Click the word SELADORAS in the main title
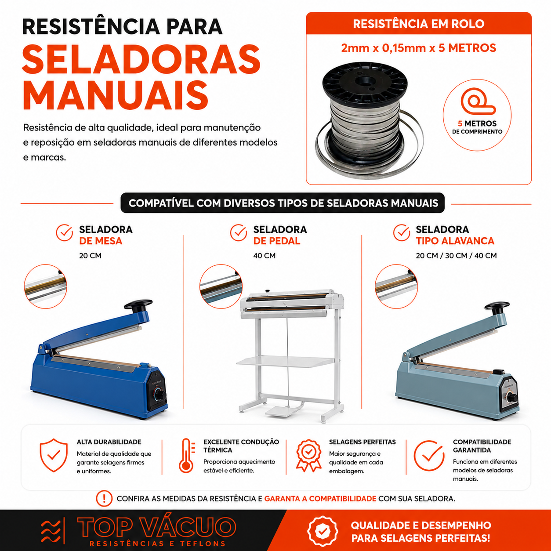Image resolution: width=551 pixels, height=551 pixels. pos(141,59)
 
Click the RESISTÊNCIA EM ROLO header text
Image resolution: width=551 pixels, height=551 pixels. pos(419,24)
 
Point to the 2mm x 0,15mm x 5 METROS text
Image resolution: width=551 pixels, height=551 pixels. pos(419,48)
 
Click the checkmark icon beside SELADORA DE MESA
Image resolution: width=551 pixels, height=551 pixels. pos(64,233)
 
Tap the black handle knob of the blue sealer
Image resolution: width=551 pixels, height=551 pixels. pos(138,305)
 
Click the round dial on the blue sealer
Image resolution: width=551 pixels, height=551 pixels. pos(159,396)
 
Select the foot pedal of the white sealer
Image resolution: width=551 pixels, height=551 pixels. pos(281,411)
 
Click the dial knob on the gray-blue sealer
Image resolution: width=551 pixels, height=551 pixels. pos(511,397)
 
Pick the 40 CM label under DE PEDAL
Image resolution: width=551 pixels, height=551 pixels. pos(264,256)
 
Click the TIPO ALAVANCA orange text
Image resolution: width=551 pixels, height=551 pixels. pos(455,241)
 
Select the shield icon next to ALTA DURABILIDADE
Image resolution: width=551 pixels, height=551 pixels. pos(54,455)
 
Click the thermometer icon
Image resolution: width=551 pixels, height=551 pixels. pos(187,456)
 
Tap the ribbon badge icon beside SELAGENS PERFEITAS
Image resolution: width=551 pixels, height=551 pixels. pos(308,456)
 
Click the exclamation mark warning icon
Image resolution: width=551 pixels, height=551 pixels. pos(104,498)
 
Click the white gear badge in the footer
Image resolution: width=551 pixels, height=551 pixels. pos(323,531)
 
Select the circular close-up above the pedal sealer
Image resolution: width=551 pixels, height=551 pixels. pos(221,286)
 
